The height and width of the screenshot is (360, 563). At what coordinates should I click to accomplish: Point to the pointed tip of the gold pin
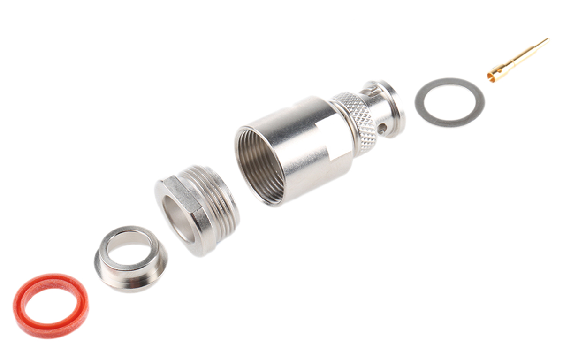point(547,40)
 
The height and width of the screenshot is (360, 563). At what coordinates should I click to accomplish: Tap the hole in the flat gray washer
point(449,102)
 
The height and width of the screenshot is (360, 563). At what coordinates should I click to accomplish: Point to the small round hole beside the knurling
point(383,128)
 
